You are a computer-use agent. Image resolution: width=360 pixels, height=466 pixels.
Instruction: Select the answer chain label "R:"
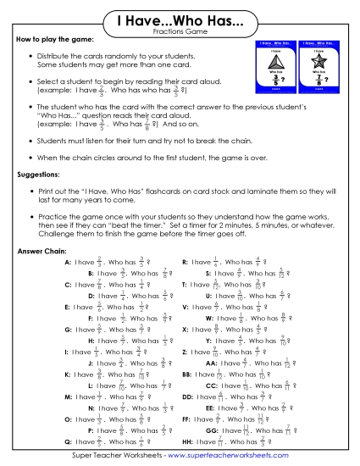click(x=186, y=264)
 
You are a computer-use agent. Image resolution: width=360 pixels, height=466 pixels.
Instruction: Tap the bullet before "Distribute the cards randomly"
click(x=30, y=57)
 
